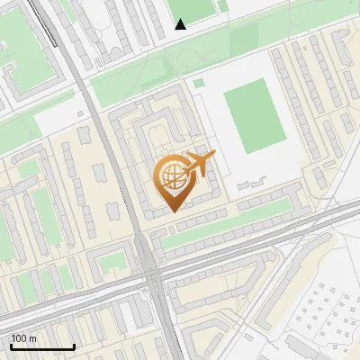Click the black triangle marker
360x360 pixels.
181,24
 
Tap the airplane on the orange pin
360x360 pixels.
200,164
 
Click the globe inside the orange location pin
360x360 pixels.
171,177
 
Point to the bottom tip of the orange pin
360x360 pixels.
171,211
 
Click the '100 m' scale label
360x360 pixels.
23,338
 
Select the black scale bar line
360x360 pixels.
42,346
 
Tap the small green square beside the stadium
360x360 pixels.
199,84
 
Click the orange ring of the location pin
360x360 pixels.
158,177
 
